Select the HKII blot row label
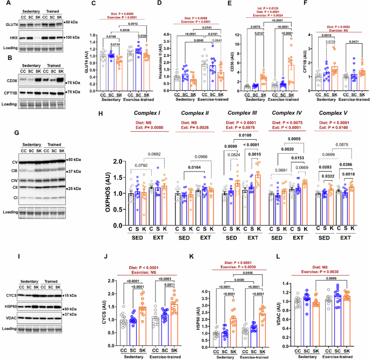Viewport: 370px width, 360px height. coord(11,37)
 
